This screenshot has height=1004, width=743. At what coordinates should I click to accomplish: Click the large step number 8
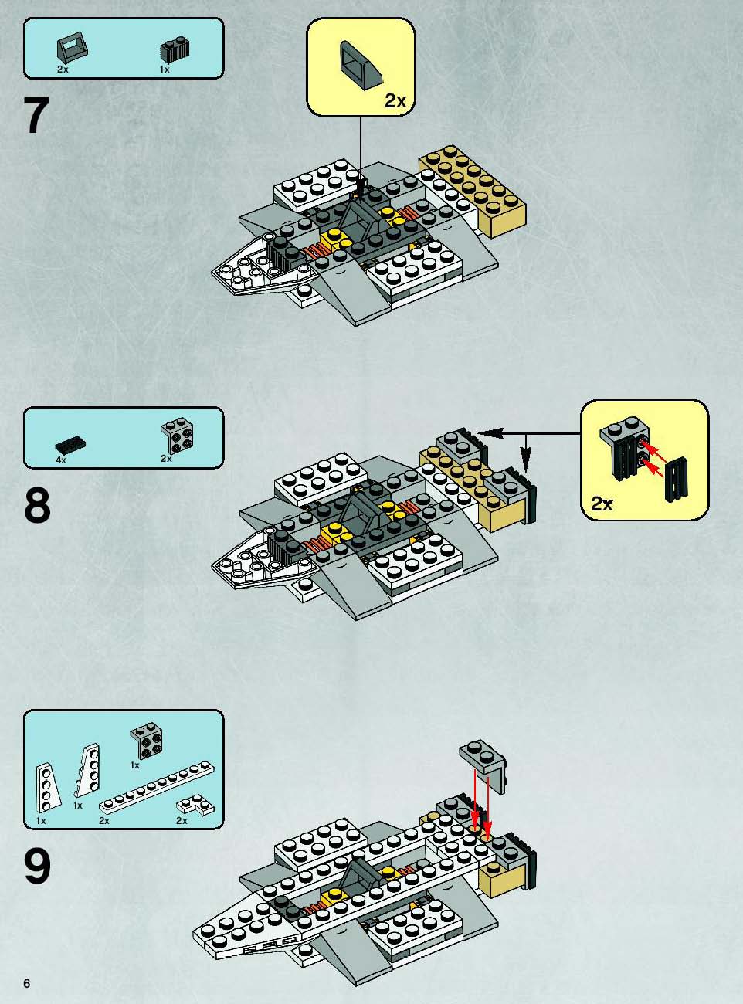(37, 506)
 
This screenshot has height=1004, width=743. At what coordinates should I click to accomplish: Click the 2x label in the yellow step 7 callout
(395, 100)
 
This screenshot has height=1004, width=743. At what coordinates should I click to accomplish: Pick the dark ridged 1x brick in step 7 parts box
(175, 51)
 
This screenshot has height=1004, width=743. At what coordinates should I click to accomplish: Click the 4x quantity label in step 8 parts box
(61, 460)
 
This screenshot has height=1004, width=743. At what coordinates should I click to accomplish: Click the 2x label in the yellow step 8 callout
(602, 504)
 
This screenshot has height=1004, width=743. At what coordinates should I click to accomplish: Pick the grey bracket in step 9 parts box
(146, 744)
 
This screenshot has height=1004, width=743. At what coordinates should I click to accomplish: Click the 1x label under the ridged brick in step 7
(165, 70)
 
